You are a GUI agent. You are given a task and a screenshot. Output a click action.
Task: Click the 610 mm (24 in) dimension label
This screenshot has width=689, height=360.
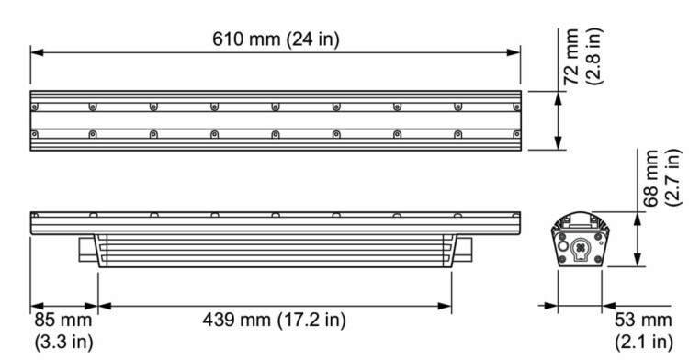276,39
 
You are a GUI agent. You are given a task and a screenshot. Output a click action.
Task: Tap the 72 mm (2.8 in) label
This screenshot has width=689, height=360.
583,56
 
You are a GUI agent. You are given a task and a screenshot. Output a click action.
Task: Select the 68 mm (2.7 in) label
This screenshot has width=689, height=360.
662,178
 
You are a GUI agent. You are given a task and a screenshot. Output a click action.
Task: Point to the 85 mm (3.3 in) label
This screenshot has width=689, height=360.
63,331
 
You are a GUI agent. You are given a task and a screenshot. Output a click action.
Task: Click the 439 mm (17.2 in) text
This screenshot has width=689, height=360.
274,320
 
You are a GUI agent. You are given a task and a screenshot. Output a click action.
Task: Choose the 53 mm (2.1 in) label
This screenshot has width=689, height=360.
643,331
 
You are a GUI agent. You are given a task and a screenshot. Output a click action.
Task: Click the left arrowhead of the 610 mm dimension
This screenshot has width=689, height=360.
37,52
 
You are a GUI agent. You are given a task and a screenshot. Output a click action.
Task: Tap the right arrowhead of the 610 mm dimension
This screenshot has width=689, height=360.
514,52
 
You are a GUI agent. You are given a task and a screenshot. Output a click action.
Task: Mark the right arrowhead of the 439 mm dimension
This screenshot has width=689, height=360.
446,306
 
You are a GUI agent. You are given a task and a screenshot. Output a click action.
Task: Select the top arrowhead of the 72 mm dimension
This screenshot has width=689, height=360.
558,98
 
